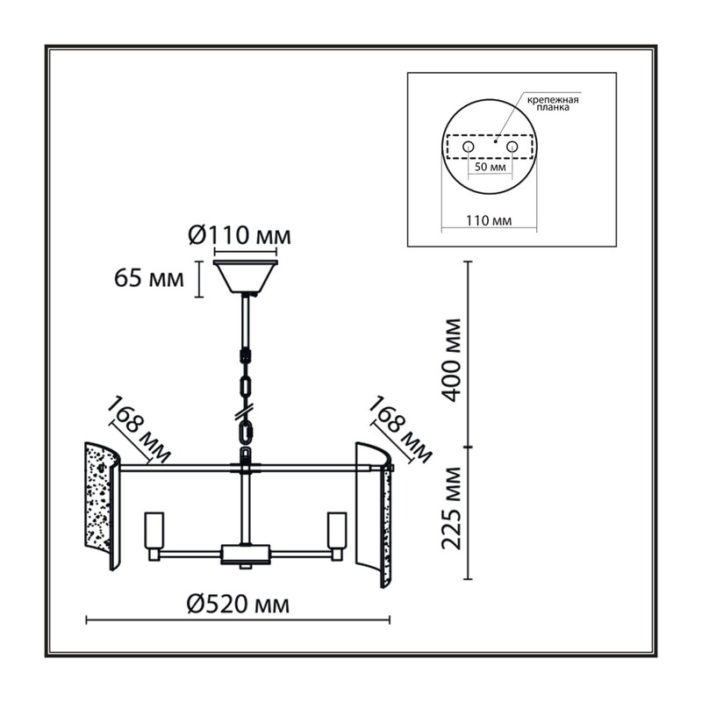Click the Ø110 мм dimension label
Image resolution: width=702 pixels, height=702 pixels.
240,235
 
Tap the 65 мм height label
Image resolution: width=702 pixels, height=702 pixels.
149,278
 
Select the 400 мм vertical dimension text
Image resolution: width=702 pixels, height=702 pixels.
451,360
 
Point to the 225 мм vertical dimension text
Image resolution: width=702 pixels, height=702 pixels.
451,508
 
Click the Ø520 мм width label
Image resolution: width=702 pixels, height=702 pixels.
238,605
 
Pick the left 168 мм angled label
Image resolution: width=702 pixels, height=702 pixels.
140,429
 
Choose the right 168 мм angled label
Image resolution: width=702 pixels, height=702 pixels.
400,429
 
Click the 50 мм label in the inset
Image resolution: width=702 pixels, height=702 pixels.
491,167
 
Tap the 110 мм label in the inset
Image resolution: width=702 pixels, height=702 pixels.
489,221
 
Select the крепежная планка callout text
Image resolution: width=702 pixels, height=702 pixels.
553,104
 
